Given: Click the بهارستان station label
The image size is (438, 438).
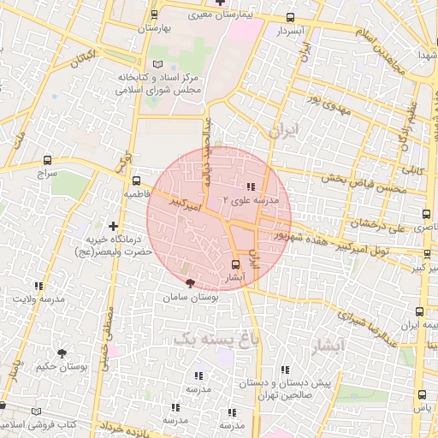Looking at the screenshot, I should [154, 28].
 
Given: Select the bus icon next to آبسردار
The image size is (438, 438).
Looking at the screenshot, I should [291, 18].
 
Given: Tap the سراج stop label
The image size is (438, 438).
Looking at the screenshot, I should [45, 173].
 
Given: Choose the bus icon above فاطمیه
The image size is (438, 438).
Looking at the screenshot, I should [137, 181].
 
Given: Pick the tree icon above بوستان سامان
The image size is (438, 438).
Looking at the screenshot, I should [190, 283].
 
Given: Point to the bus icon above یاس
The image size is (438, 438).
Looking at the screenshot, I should [422, 394].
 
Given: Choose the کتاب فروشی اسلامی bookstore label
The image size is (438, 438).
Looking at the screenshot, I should [38, 424].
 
